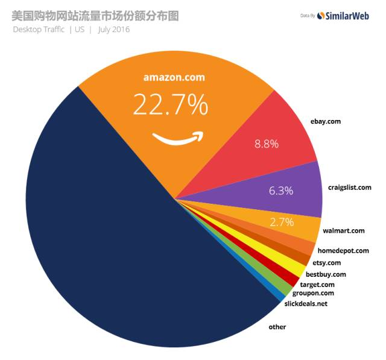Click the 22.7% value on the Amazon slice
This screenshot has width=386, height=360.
pyautogui.click(x=171, y=105)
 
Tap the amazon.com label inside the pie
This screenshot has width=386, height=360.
pyautogui.click(x=174, y=77)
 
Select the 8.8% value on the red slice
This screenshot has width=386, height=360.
pyautogui.click(x=267, y=144)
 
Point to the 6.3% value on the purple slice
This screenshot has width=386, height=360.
pyautogui.click(x=281, y=191)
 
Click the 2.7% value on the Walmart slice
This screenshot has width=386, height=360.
pyautogui.click(x=282, y=222)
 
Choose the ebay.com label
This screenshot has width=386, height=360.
pyautogui.click(x=326, y=121)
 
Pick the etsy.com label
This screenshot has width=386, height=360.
pyautogui.click(x=327, y=262)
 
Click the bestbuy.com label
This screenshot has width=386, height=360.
pyautogui.click(x=326, y=274)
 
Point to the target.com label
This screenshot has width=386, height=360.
pyautogui.click(x=317, y=284)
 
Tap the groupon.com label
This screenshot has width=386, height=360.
pyautogui.click(x=313, y=293)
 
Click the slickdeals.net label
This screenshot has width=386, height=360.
pyautogui.click(x=306, y=303)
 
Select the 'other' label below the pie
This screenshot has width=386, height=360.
pyautogui.click(x=277, y=327)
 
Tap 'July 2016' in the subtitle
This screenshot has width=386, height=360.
pyautogui.click(x=113, y=29)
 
